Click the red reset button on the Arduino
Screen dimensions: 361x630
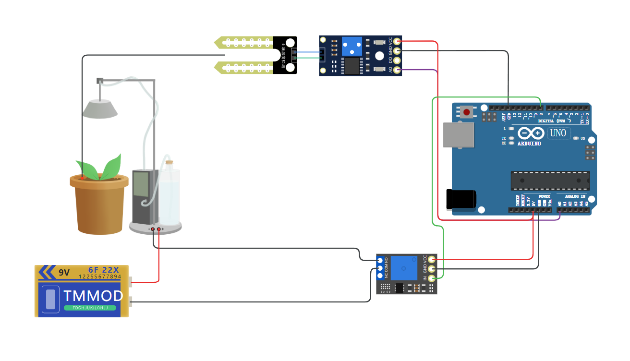[x=466, y=112]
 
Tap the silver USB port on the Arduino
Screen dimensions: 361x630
[x=457, y=134]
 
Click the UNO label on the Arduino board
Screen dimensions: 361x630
[x=558, y=133]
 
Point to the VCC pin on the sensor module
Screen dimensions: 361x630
[x=397, y=42]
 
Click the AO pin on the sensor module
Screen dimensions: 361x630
[x=397, y=71]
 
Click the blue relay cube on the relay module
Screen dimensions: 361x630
[x=404, y=268]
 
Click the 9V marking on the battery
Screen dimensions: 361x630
[x=64, y=273]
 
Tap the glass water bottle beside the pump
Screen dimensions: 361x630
[x=169, y=194]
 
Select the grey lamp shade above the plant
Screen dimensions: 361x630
[x=100, y=109]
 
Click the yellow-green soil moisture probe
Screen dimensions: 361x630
[x=245, y=56]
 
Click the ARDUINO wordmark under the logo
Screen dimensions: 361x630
[x=529, y=143]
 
